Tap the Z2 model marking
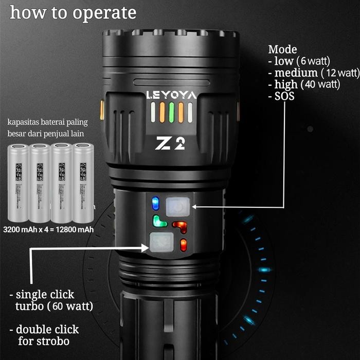point(170,144)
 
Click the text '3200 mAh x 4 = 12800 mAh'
point(48,229)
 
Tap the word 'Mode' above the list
point(282,49)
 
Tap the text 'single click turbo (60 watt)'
point(51,301)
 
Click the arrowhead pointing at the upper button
point(195,207)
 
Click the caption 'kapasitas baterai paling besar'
point(48,128)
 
